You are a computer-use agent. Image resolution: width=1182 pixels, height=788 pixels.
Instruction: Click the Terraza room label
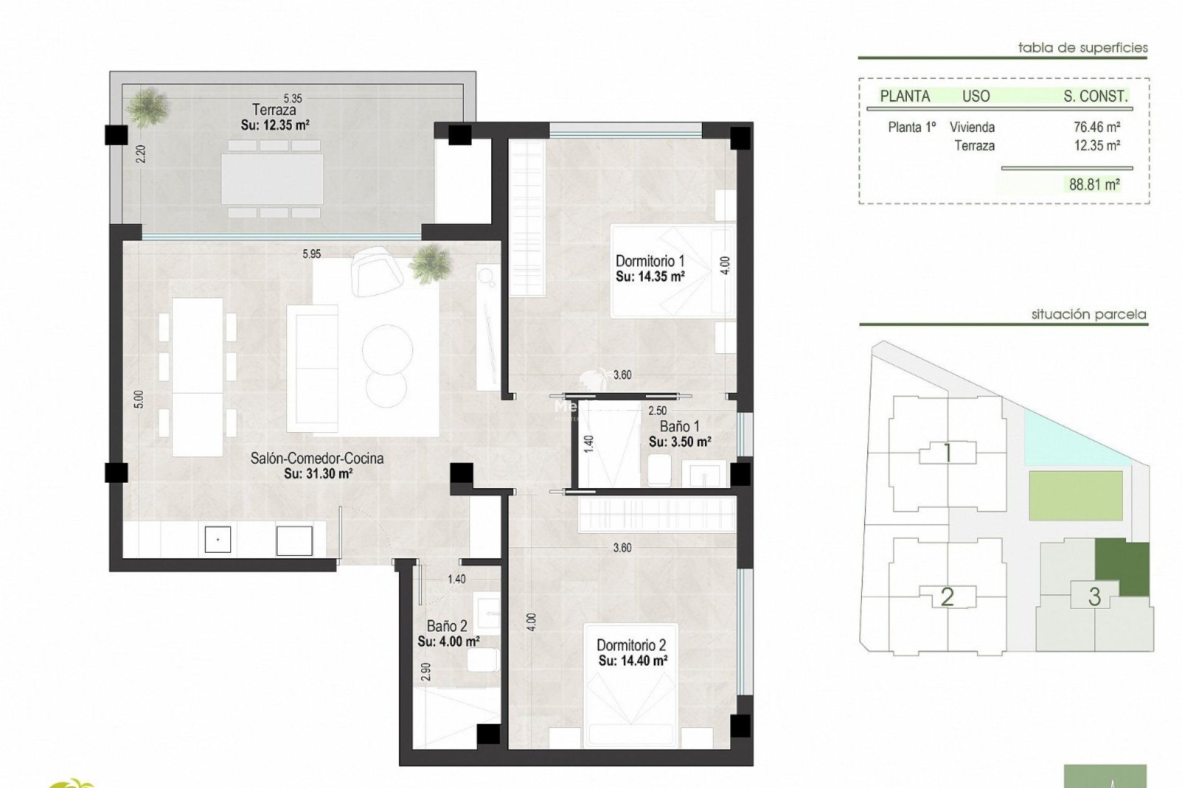point(274,110)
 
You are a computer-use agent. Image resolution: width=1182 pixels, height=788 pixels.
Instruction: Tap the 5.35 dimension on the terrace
point(292,98)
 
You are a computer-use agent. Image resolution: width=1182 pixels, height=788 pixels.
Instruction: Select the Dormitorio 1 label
point(649,261)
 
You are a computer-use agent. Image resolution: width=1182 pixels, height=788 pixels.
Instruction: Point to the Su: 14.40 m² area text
point(633,661)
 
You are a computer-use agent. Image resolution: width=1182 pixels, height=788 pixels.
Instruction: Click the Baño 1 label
point(680,426)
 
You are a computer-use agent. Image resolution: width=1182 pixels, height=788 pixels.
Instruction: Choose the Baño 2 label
point(447,626)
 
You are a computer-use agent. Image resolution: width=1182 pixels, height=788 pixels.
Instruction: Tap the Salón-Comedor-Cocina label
point(316,458)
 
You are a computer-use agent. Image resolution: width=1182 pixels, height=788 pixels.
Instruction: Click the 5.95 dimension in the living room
point(312,254)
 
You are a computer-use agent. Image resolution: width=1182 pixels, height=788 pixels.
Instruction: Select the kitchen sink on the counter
point(218,540)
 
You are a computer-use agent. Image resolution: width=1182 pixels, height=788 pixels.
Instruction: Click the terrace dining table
point(273,179)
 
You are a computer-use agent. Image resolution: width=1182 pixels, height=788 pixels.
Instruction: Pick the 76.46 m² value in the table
point(1096,127)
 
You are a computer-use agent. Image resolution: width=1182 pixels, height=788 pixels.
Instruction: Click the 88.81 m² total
point(1094,184)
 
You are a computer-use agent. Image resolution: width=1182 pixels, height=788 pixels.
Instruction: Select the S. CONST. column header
point(1095,96)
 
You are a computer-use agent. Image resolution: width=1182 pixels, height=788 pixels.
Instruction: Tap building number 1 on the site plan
point(947,454)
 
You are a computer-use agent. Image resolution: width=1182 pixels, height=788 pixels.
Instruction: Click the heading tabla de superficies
point(1082,48)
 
